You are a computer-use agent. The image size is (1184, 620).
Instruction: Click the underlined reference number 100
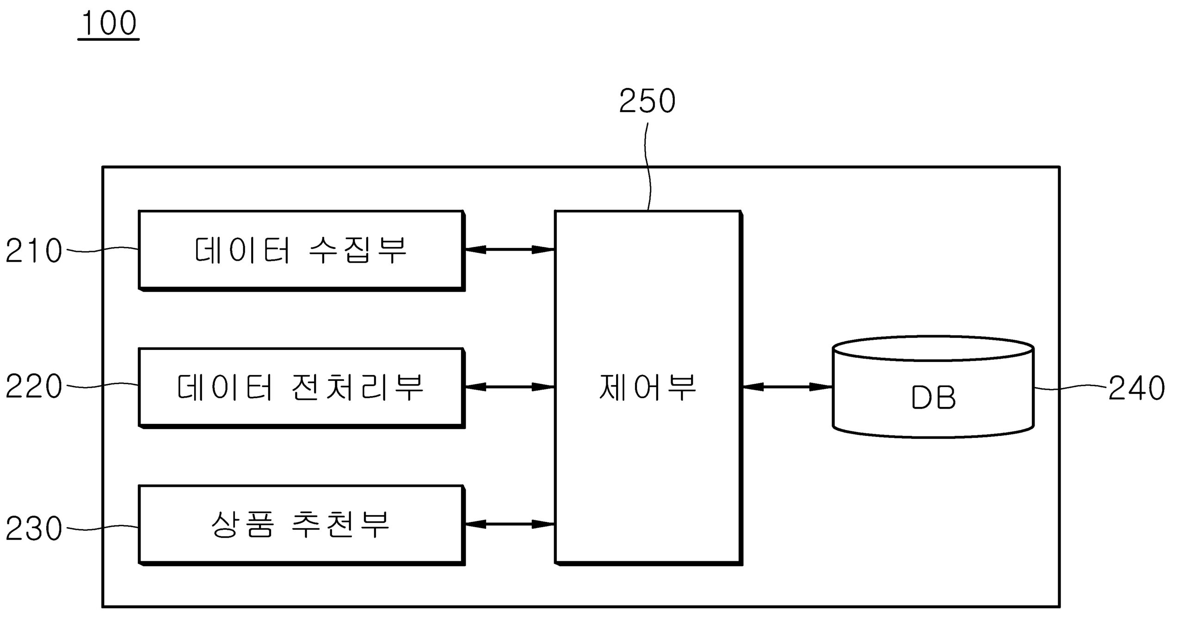[109, 24]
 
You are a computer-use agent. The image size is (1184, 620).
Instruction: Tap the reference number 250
[647, 101]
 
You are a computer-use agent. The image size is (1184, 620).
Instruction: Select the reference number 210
[34, 251]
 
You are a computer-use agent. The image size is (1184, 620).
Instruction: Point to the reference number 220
[34, 387]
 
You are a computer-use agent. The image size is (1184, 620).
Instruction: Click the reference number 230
[34, 528]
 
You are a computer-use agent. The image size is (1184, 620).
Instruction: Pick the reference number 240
[1136, 387]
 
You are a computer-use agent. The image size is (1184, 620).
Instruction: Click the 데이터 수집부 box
[301, 250]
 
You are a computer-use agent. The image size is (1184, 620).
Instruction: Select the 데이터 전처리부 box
[301, 387]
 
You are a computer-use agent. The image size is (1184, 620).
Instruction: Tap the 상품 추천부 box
[301, 524]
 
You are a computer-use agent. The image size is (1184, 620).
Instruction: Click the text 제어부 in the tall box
[647, 387]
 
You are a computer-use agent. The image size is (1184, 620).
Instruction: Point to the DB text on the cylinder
[933, 398]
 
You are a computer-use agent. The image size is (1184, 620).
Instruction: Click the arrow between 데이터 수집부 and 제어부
[509, 250]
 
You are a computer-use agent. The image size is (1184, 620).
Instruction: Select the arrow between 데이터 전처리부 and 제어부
[509, 387]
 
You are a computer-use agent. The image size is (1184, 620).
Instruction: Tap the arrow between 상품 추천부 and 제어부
[509, 524]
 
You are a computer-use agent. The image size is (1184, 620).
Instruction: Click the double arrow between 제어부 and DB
[787, 387]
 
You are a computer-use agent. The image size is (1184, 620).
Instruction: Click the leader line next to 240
[1071, 388]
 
